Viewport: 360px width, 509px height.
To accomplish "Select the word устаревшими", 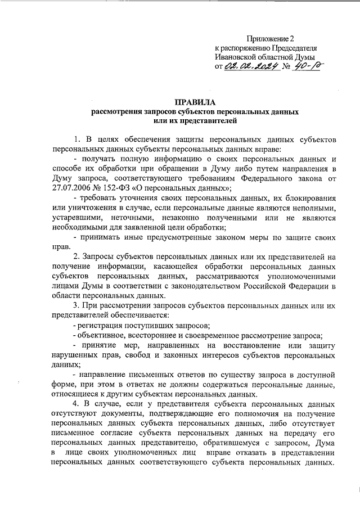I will pos(76,217).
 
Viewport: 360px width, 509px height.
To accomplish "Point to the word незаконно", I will pos(188,217).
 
